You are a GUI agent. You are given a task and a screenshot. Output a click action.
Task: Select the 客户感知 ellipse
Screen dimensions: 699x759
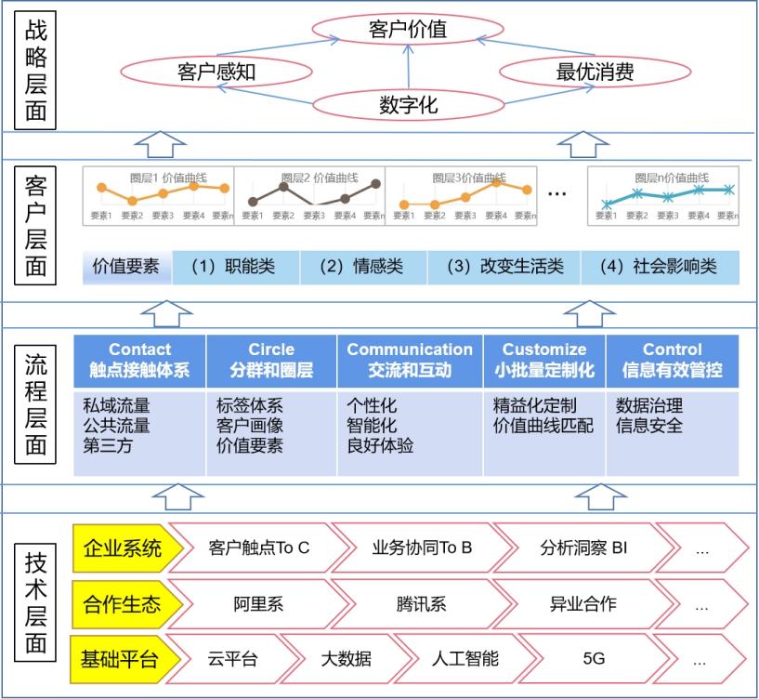coord(216,72)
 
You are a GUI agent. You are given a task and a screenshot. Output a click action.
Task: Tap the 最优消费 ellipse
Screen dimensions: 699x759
coord(595,72)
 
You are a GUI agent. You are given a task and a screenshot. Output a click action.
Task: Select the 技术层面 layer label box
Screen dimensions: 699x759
coord(36,602)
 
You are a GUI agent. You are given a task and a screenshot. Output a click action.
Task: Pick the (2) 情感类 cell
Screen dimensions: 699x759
coord(361,267)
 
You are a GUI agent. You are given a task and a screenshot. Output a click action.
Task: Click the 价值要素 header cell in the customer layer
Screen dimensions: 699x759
coord(125,267)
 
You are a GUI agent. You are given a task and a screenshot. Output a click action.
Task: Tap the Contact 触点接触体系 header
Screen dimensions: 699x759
coord(139,361)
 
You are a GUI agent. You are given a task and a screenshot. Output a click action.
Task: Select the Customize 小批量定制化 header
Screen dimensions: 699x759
coord(544,361)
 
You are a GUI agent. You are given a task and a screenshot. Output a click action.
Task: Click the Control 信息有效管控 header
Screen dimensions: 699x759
coord(672,361)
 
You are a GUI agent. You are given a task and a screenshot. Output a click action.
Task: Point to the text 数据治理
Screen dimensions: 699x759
coord(649,406)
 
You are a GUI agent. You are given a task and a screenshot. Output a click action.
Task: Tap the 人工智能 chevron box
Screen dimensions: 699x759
coord(465,660)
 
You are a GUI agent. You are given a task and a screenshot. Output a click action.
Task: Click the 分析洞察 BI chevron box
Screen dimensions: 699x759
coord(583,547)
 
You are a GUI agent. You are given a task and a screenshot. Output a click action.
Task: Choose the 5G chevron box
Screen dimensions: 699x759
coord(593,660)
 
